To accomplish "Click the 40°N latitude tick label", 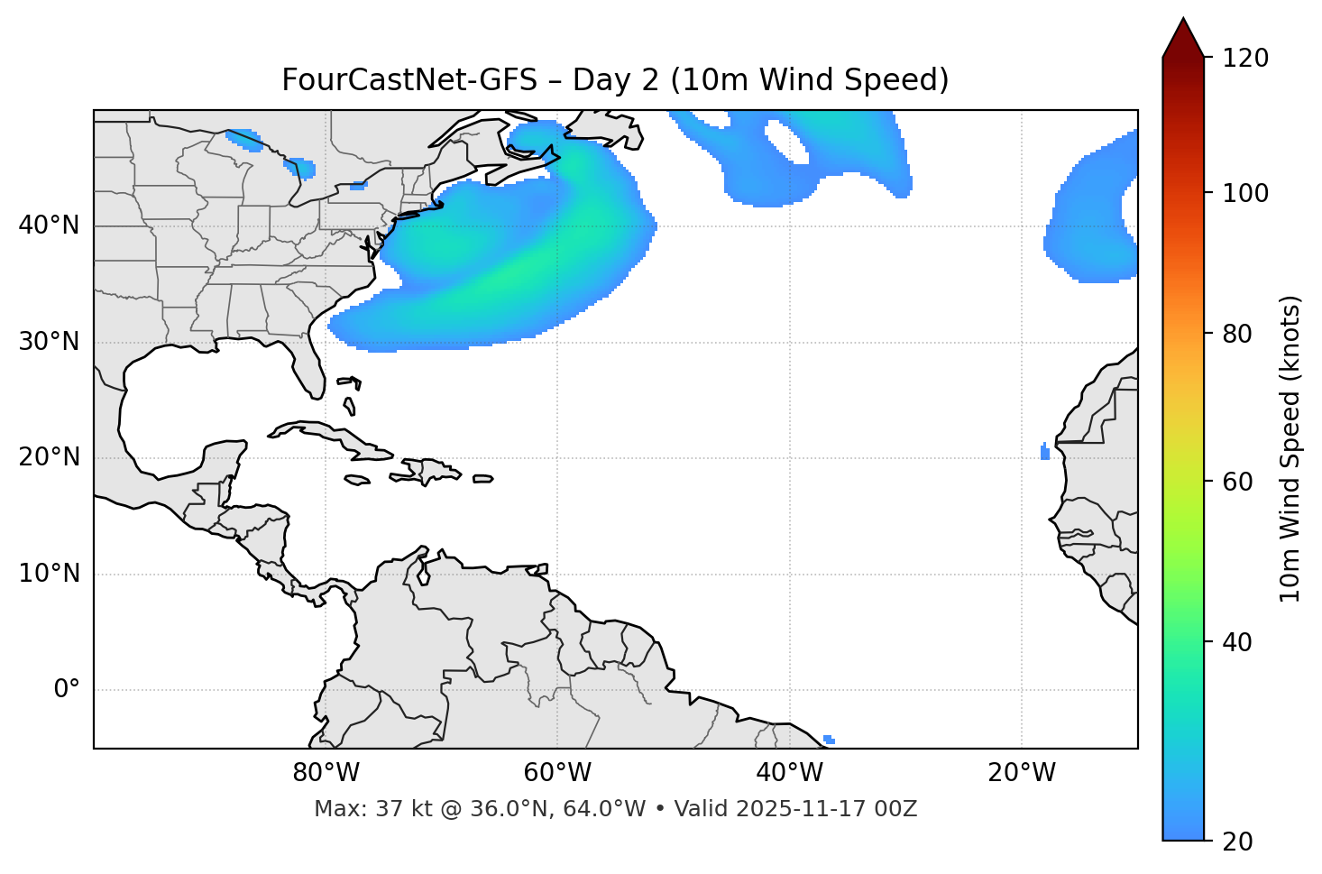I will point(49,225).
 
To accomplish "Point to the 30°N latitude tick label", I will point(49,342).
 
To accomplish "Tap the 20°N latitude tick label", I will point(49,457).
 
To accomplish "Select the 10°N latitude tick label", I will point(49,574).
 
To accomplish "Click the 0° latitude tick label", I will point(67,690).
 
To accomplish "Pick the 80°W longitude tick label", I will point(326,773).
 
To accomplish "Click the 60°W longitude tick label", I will point(557,773).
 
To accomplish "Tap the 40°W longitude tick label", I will point(789,773).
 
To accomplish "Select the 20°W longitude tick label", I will point(1021,773).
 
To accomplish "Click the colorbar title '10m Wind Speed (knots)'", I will point(1290,449).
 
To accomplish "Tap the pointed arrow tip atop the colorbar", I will point(1183,20).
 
